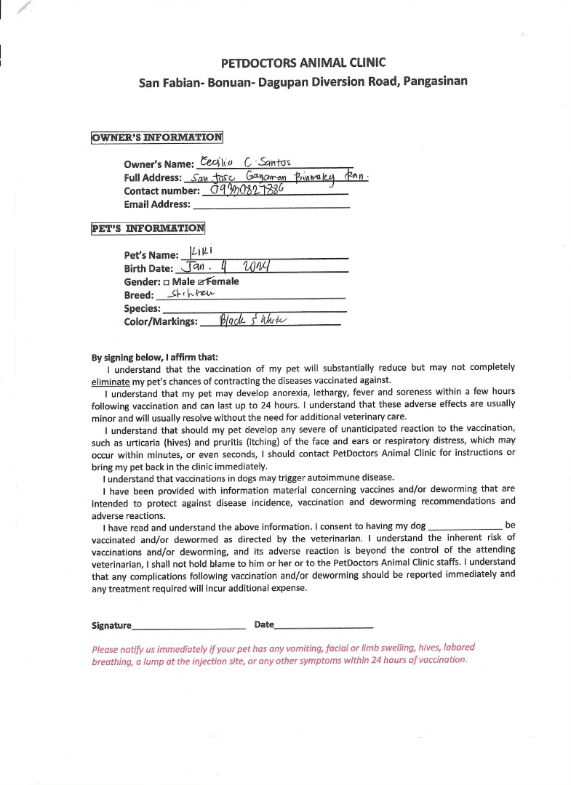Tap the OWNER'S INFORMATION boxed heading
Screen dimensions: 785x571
pyautogui.click(x=157, y=137)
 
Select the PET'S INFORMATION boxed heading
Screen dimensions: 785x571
pyautogui.click(x=148, y=228)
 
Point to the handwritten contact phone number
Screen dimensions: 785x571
pyautogui.click(x=246, y=190)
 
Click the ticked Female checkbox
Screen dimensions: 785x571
pyautogui.click(x=191, y=282)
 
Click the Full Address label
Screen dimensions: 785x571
pyautogui.click(x=153, y=178)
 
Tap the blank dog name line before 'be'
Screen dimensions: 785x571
pyautogui.click(x=466, y=527)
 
